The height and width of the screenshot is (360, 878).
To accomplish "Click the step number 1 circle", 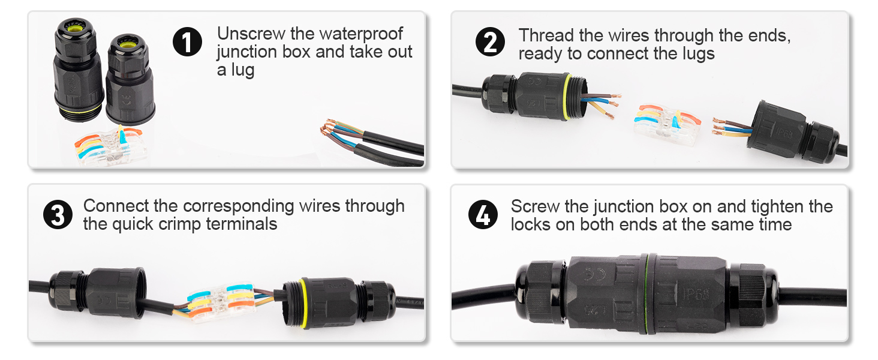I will click(x=187, y=43).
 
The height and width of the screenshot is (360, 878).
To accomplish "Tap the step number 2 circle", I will click(x=490, y=43).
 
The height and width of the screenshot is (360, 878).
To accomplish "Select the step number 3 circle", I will click(x=58, y=215).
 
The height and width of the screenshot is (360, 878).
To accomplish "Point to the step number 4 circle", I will click(x=483, y=215).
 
